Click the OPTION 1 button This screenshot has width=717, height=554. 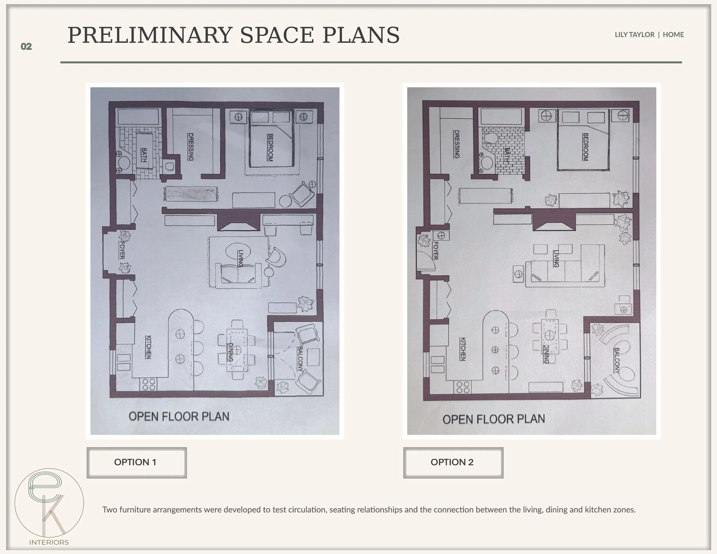point(137,463)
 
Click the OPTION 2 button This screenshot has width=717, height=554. point(453,463)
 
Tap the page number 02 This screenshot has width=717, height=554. point(26,47)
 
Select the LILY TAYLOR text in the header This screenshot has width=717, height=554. point(634,34)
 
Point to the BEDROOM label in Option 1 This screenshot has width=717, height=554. point(270,147)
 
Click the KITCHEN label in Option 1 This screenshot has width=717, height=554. point(148,347)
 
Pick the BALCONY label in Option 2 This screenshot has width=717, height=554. point(617,360)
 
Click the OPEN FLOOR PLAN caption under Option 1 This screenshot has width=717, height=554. point(179,416)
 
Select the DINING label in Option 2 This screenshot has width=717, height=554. point(546,354)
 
